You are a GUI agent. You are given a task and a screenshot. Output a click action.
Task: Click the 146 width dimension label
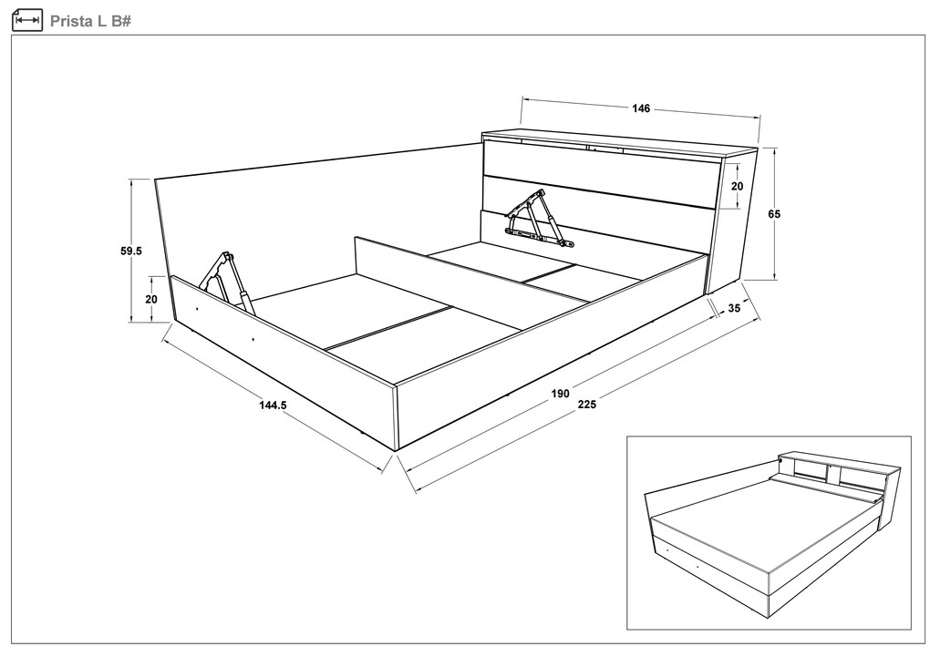click(641, 108)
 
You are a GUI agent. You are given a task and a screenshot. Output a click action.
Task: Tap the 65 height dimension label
click(774, 214)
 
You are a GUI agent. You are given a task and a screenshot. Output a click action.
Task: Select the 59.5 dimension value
click(131, 251)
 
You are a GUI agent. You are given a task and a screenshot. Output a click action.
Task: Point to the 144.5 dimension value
click(273, 405)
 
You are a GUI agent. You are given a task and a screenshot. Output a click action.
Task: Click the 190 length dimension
click(561, 393)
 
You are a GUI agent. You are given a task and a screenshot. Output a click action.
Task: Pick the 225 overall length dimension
click(586, 405)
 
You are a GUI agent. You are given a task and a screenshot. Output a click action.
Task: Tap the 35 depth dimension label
click(734, 308)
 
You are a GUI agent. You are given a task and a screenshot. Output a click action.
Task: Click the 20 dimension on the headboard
click(737, 186)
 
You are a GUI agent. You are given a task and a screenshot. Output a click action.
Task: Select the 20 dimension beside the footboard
click(151, 300)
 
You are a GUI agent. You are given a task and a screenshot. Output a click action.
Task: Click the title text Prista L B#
click(90, 21)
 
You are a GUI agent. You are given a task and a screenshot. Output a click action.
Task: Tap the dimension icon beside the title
click(27, 21)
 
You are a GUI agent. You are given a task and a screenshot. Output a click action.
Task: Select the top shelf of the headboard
click(620, 142)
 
